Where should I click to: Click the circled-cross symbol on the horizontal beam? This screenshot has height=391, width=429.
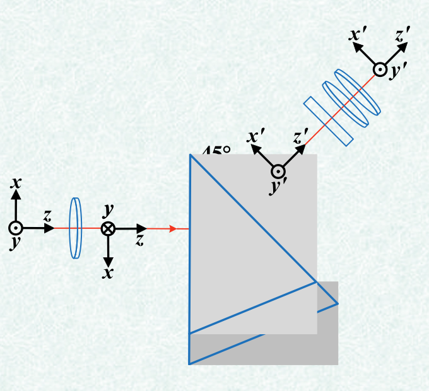[108, 228]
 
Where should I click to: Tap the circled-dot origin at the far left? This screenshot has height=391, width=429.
[16, 228]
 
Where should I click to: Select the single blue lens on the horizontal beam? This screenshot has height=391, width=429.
[76, 228]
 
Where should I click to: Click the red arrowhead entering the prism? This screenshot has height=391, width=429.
[173, 228]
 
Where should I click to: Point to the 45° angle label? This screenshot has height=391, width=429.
[216, 152]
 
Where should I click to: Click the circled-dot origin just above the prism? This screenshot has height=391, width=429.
[278, 171]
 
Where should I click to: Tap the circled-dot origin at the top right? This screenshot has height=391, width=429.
[380, 69]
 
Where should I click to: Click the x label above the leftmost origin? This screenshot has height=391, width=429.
[16, 184]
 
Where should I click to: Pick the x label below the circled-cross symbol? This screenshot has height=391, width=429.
[109, 272]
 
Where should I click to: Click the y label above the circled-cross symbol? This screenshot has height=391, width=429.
[108, 208]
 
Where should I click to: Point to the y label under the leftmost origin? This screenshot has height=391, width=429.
[13, 244]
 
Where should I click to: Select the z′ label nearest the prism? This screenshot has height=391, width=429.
[301, 136]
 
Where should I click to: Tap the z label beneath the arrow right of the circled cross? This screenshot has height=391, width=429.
[140, 240]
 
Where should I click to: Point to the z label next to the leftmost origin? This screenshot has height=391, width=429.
[47, 215]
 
